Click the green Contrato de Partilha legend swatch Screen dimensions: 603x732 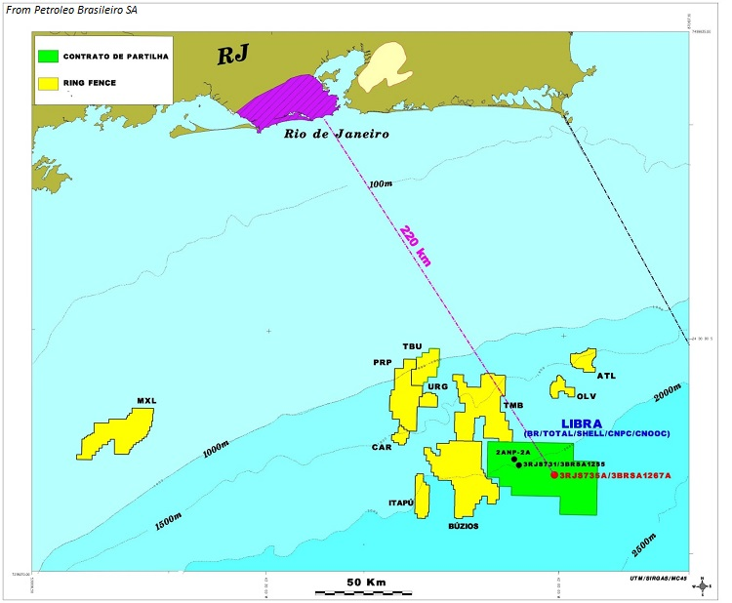point(48,58)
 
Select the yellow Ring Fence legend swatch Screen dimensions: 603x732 point(48,83)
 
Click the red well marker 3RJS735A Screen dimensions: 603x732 point(554,475)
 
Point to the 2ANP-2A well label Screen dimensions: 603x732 point(511,454)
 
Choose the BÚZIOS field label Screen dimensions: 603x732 point(462,526)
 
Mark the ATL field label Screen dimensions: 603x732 point(606,376)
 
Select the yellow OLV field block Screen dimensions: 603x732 point(561,387)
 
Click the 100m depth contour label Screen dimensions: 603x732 point(381,183)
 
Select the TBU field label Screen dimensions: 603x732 point(412,346)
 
